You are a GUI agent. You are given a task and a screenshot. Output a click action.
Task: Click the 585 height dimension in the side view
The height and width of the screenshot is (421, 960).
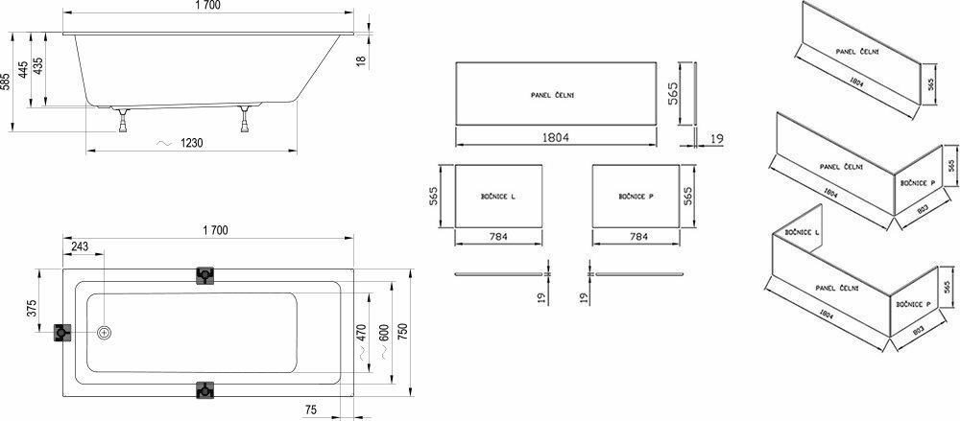point(6,82)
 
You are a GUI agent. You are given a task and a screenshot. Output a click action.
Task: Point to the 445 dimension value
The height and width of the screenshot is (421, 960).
point(23,70)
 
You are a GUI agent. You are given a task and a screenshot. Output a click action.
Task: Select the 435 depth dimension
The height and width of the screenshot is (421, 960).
point(38,66)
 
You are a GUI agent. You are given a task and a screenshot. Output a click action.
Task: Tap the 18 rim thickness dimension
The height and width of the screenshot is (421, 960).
point(361,60)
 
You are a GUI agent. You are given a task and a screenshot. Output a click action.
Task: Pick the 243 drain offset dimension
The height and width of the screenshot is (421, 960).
point(80,246)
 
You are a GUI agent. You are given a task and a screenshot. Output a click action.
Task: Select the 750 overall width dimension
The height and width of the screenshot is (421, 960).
point(402,332)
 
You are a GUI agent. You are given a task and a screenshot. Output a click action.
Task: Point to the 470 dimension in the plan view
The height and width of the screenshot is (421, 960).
point(361,332)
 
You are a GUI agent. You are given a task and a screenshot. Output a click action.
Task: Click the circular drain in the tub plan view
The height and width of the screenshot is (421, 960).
point(105,332)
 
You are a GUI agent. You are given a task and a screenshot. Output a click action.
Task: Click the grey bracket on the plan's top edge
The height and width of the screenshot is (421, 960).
point(205,276)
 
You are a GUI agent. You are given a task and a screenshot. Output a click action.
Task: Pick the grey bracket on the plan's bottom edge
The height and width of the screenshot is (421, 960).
point(205,389)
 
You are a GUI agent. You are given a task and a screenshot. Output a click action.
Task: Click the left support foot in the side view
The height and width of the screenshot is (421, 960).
point(123,120)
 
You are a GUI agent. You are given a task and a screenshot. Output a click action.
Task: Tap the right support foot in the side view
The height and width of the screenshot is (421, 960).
point(246,119)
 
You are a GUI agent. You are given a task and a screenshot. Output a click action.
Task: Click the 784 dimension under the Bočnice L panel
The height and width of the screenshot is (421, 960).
point(497,236)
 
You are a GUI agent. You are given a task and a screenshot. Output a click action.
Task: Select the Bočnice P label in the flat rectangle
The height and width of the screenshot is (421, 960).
point(636,197)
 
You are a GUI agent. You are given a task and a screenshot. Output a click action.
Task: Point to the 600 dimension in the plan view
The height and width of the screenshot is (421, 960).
point(384,332)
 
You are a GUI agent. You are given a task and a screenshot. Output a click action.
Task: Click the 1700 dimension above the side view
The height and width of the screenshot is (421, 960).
point(208,5)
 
